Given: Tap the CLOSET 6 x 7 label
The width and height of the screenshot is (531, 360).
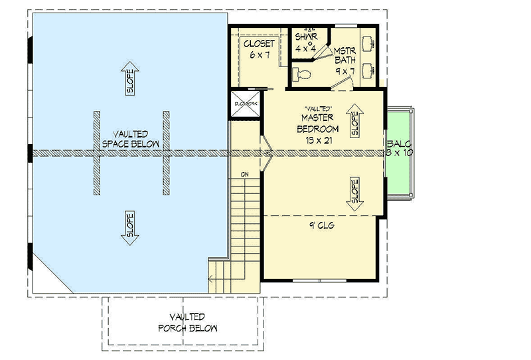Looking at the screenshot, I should (259, 49).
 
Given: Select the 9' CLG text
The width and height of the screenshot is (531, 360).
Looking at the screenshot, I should (321, 226).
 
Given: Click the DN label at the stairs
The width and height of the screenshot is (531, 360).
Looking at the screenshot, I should (244, 175).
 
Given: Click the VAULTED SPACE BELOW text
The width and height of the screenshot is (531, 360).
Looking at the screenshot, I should (129, 139).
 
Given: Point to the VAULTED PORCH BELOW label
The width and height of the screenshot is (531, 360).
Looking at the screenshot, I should (187, 322).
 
